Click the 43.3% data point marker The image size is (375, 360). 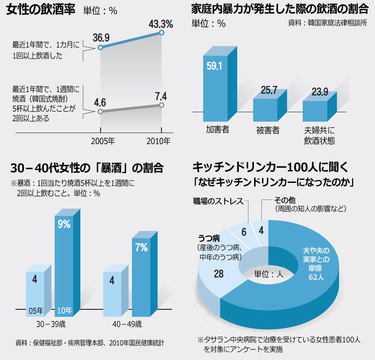click(161, 33)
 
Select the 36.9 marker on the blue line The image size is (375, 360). click(101, 47)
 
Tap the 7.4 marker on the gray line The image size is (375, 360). click(161, 105)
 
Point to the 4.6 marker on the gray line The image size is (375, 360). click(101, 111)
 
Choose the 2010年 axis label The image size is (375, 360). click(158, 142)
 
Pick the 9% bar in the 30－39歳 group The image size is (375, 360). click(64, 264)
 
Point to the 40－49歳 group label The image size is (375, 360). click(127, 324)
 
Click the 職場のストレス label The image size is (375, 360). click(218, 201)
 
